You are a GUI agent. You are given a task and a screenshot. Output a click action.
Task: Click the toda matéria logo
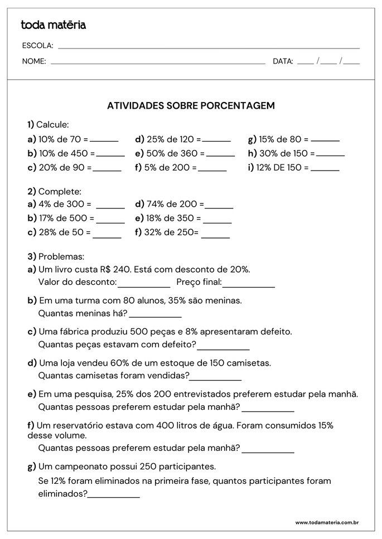54,25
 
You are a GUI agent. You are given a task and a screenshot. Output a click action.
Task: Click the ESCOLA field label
37,46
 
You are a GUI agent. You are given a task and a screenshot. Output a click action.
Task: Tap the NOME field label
34,61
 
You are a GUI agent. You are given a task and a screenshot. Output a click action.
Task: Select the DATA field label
283,61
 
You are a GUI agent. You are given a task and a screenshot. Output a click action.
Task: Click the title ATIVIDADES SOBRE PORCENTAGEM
191,105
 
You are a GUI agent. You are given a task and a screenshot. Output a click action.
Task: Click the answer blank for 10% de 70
104,140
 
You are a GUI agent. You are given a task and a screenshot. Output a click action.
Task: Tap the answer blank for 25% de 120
217,140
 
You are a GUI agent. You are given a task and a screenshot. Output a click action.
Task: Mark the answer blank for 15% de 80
325,140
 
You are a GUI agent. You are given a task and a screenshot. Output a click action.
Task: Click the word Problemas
61,257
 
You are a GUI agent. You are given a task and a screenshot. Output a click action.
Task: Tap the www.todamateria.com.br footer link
326,522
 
